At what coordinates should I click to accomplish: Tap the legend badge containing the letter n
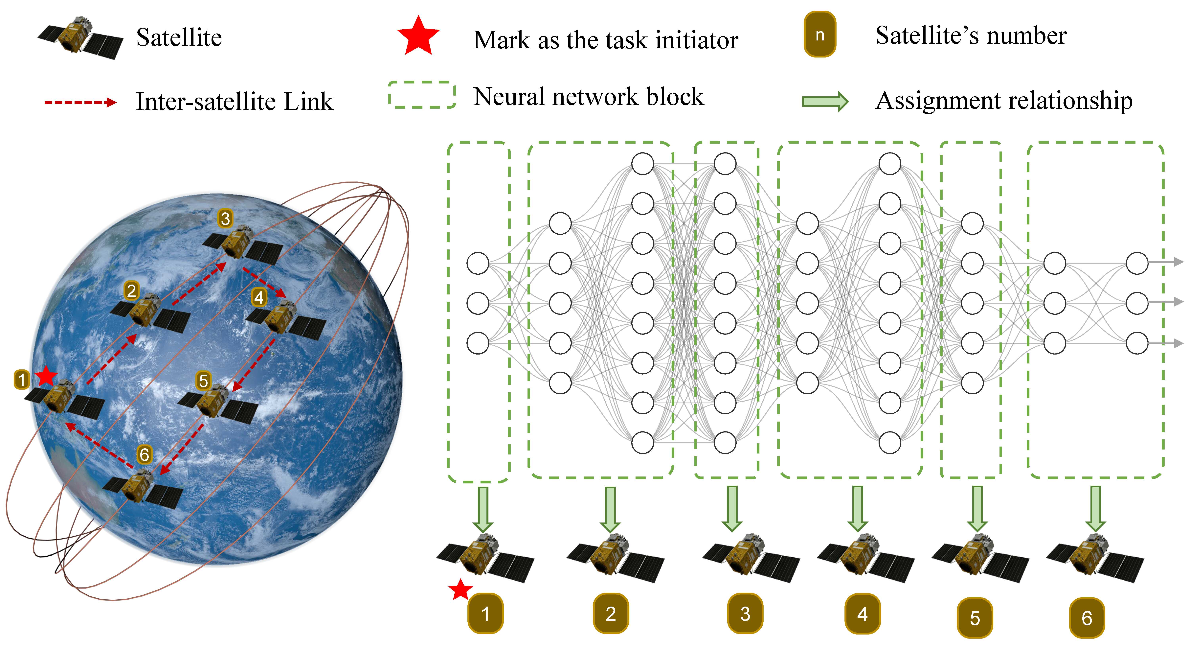click(x=820, y=35)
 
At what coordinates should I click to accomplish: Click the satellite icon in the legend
click(x=80, y=38)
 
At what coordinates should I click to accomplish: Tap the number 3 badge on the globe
click(x=225, y=218)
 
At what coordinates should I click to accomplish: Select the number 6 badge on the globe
click(x=144, y=455)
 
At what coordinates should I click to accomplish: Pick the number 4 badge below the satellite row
click(x=862, y=614)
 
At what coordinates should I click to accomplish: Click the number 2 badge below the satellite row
click(x=611, y=614)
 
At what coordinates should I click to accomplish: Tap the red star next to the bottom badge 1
click(x=460, y=590)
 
